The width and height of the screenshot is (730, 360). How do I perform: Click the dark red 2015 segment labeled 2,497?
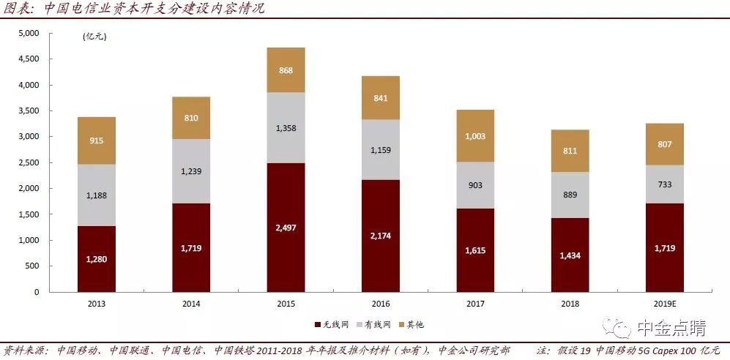pos(286,228)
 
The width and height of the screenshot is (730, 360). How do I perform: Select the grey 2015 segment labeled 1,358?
pos(286,127)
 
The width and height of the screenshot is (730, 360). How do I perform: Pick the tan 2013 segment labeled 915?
pos(97,140)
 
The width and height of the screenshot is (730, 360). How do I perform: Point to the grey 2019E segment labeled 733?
pos(664,184)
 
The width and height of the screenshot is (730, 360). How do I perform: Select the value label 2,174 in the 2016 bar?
pos(381,236)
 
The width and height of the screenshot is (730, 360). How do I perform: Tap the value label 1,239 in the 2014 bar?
pos(191,170)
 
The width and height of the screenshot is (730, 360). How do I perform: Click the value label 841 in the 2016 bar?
pos(381,98)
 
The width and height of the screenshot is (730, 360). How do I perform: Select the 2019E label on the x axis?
pos(664,304)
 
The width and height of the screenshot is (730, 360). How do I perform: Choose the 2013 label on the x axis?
pos(97,304)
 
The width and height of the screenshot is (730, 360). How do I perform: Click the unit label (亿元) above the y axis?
pos(94,37)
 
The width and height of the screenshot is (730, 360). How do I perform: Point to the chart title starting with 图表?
pos(135,10)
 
